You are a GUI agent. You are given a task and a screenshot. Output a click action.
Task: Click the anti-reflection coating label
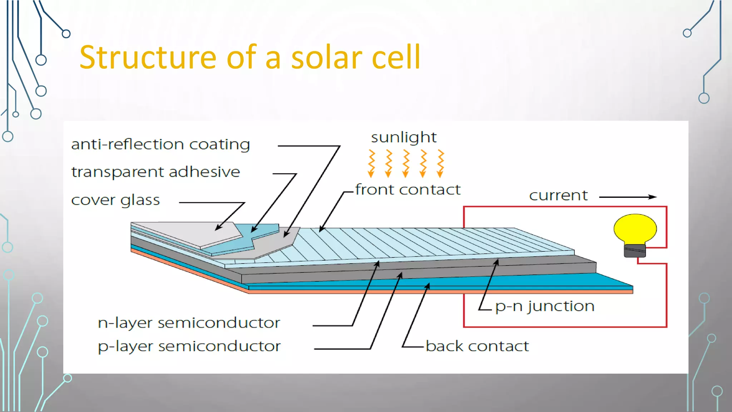[x=160, y=144]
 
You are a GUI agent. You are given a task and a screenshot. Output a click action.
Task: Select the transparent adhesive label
[x=155, y=172]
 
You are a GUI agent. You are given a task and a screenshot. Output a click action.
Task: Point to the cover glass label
[x=115, y=200]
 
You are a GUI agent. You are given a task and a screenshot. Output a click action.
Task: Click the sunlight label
[x=404, y=137]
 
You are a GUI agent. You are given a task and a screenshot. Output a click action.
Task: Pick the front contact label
[x=408, y=190]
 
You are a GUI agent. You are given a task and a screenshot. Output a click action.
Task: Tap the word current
[x=558, y=195]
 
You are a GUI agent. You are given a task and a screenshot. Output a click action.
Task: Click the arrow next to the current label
[x=628, y=197]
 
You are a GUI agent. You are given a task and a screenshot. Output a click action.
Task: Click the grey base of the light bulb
[x=635, y=251]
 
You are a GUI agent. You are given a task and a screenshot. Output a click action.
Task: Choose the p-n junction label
[x=545, y=306]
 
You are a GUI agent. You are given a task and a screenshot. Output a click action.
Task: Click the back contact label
[x=477, y=346]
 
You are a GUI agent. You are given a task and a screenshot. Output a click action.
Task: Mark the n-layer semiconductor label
[x=189, y=323]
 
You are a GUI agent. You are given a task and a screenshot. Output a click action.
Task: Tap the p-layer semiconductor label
[x=189, y=346]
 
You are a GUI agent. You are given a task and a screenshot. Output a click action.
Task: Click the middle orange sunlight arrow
[x=406, y=163]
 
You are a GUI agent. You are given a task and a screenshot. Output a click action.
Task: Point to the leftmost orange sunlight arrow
[x=371, y=163]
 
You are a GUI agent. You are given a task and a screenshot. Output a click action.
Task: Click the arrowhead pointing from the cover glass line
[x=218, y=228]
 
